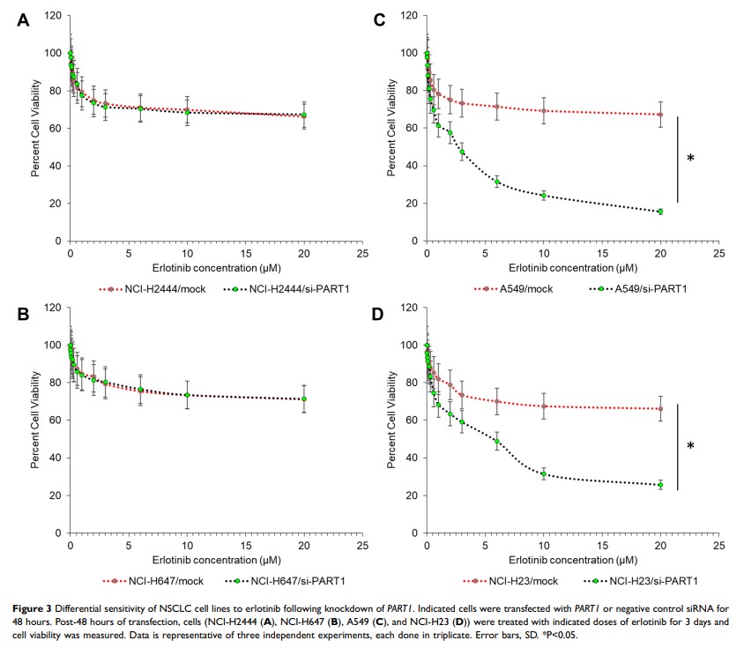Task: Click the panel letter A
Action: (x=23, y=20)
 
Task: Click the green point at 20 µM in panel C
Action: (x=660, y=212)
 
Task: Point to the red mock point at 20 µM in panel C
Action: (x=660, y=115)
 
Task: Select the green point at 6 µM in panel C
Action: (x=497, y=182)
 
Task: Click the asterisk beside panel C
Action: (x=690, y=160)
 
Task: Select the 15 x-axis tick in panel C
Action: (x=602, y=255)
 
